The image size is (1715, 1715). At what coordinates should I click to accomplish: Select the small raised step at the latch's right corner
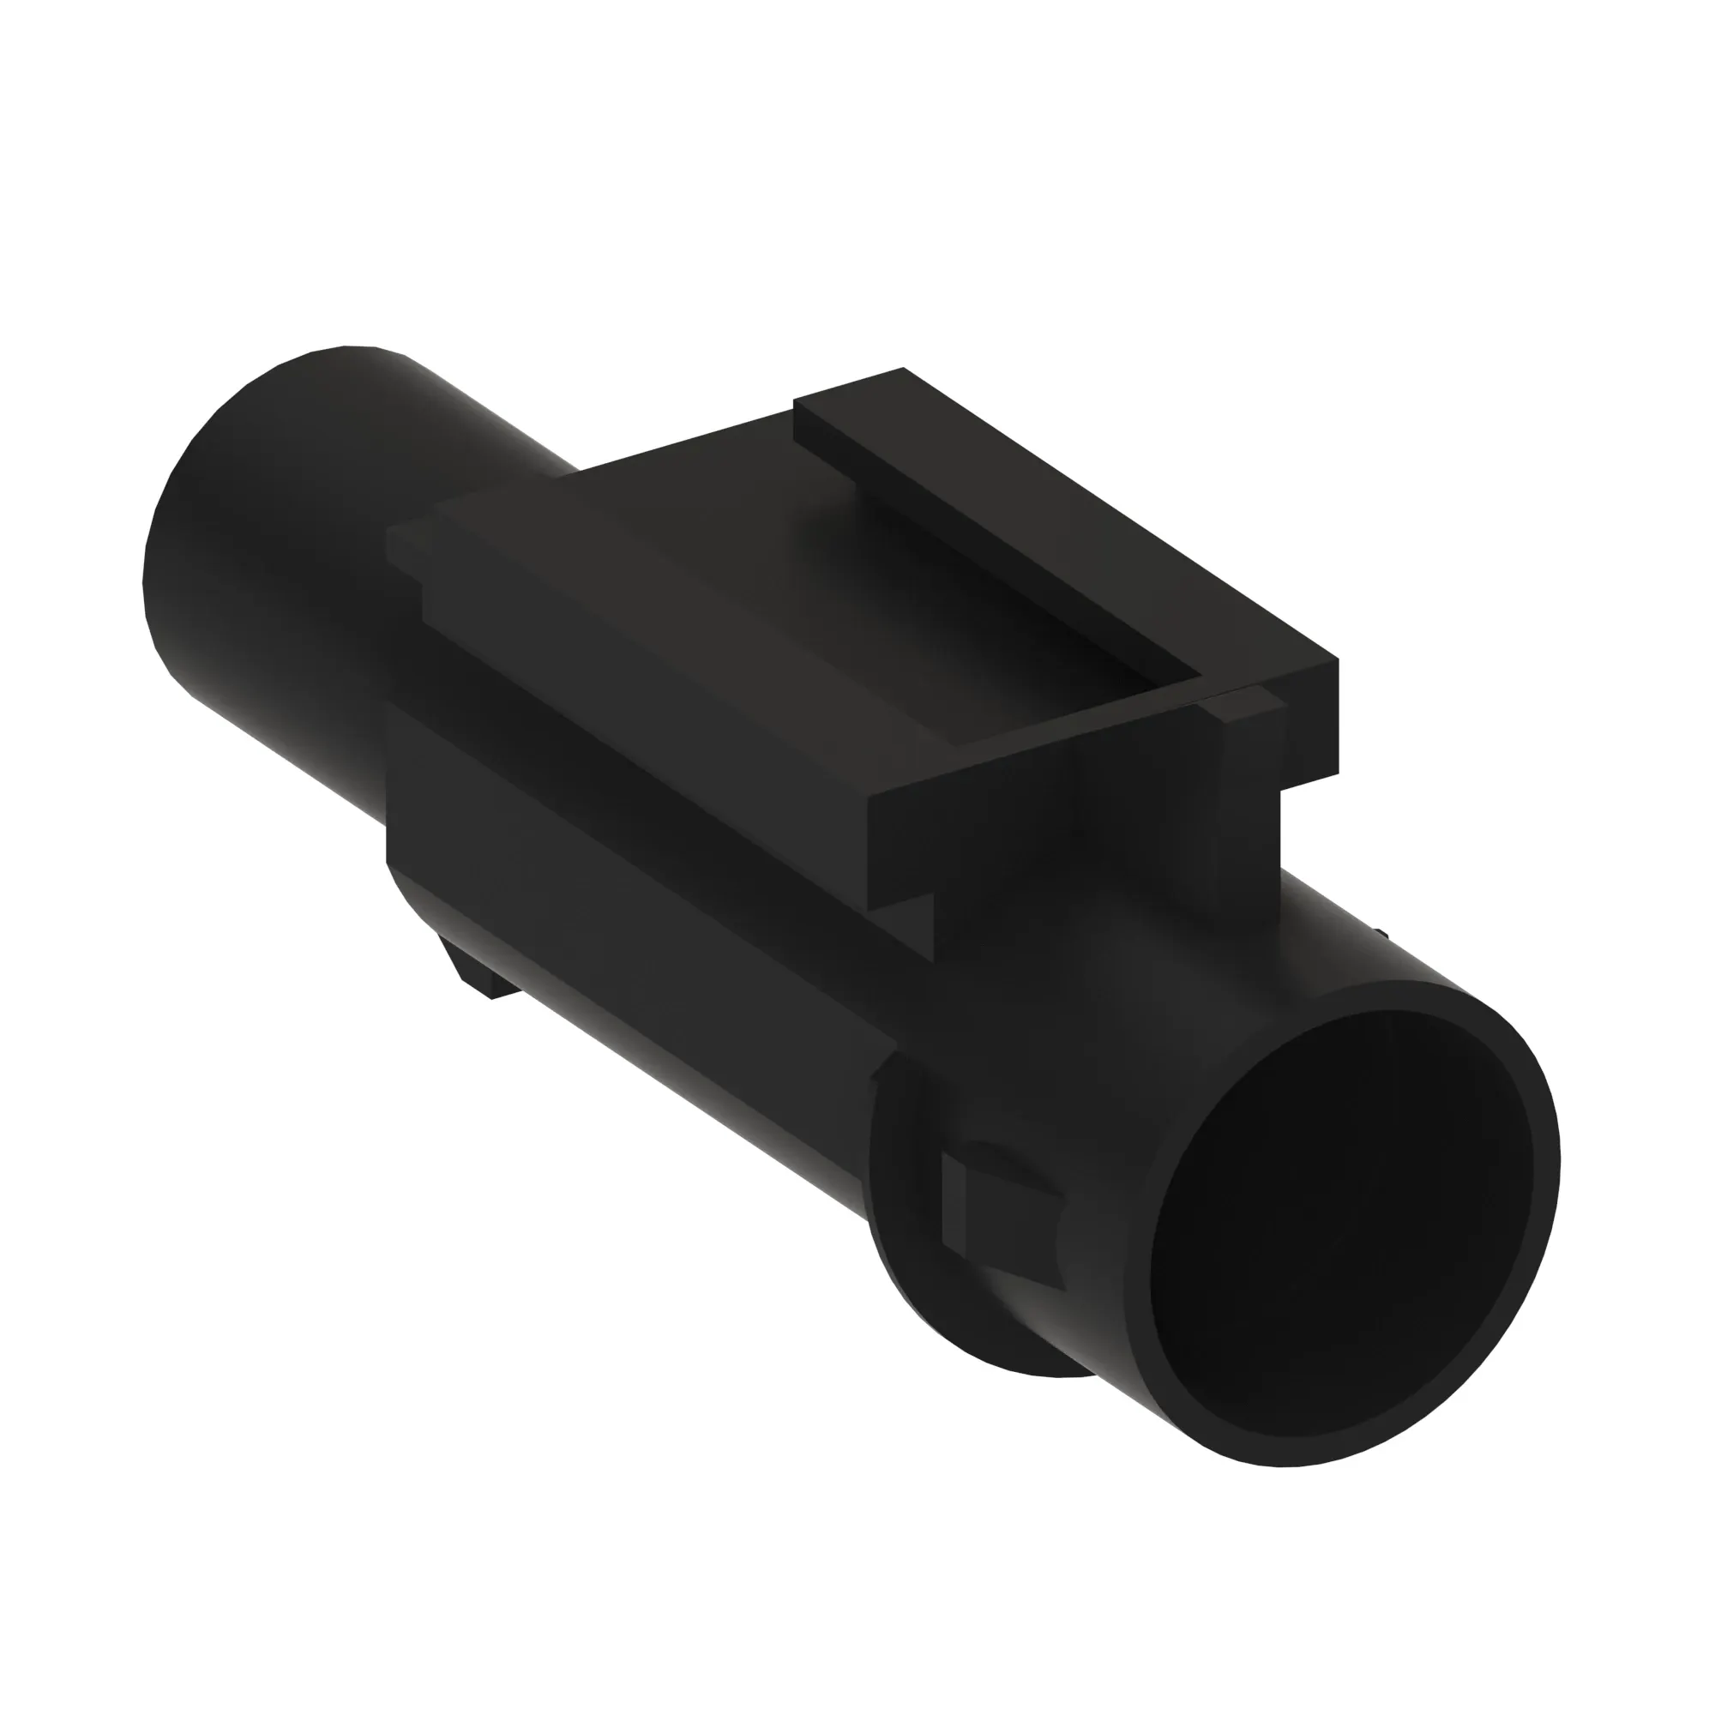pos(1243,706)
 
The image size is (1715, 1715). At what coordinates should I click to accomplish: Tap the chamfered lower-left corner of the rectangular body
pos(408,897)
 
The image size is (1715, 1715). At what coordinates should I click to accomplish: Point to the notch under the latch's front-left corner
pos(906,924)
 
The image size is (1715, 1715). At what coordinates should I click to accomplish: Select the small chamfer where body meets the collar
pos(883,1069)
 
